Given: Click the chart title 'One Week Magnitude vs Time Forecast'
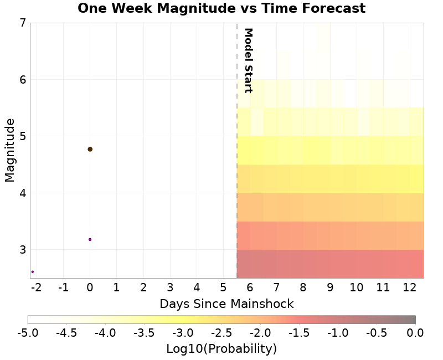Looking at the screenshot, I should [x=221, y=8].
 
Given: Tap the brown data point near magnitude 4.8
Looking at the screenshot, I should [x=90, y=149].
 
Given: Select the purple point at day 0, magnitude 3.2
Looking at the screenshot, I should [x=90, y=239].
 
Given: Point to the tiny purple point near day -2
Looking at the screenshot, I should [x=33, y=271].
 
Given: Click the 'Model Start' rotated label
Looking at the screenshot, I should [x=248, y=60].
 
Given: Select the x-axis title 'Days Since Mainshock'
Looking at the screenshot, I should [x=226, y=304].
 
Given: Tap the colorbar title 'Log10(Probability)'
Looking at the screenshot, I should [x=221, y=349].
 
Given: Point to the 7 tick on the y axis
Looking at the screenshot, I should [x=22, y=23].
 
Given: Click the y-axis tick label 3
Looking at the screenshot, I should [x=22, y=250].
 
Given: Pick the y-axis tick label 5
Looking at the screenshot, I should [x=22, y=136].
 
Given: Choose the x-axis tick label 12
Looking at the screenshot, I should [x=410, y=287].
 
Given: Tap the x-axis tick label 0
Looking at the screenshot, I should [x=90, y=287].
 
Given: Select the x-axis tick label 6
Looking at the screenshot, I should [x=250, y=287].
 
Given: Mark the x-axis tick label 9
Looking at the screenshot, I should [x=330, y=287].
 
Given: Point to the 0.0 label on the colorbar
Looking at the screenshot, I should [x=415, y=332].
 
